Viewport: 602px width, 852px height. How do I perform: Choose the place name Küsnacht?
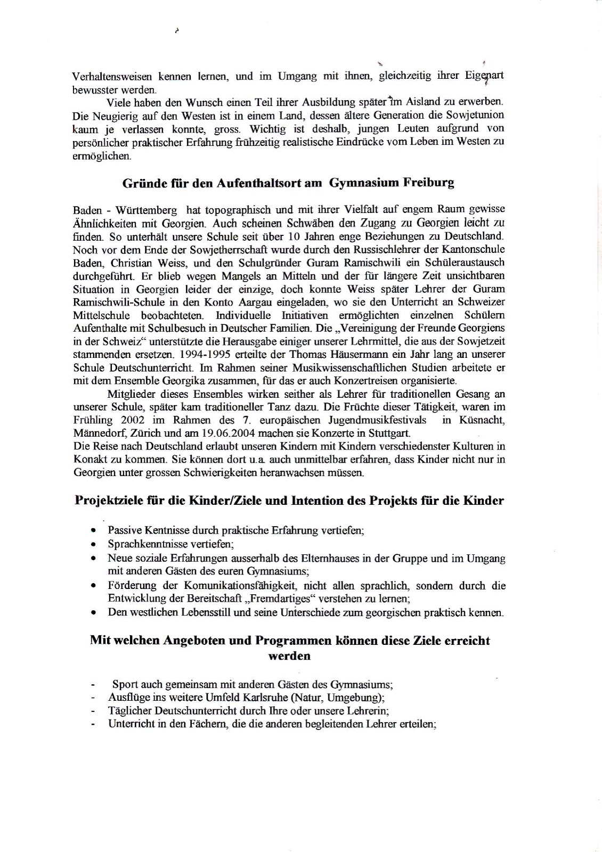click(481, 420)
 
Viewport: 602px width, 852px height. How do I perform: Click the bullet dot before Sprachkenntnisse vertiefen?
click(94, 545)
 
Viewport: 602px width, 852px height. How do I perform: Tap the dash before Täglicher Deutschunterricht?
click(94, 711)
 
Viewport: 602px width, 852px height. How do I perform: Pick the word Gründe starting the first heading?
click(141, 183)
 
